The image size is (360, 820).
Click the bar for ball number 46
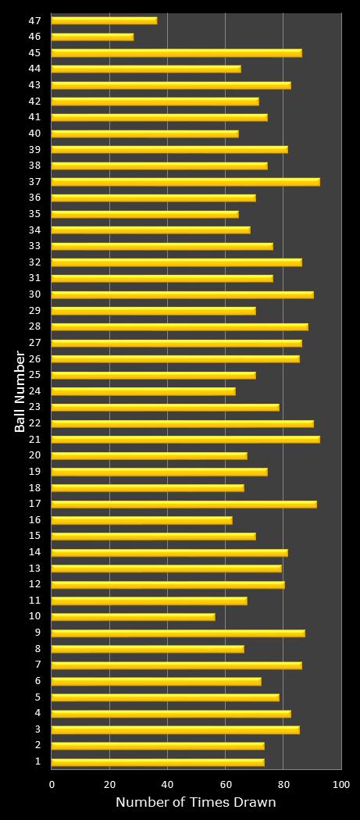92,37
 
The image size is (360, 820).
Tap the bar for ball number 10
133,617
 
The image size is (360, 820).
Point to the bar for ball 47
104,20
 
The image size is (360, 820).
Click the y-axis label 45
35,53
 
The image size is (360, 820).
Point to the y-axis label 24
35,391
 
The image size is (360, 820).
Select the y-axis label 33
35,246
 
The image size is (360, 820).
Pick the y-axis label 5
38,697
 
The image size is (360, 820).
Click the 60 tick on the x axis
226,783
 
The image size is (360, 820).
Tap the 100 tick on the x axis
340,783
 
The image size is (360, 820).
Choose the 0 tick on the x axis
52,783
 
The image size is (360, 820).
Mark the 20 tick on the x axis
110,783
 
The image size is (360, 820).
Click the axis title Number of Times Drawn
195,803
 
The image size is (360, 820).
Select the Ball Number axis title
20,391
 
